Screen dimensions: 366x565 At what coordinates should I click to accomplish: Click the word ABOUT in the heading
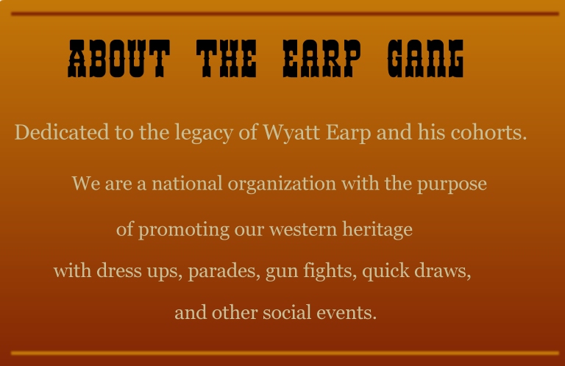tap(118, 59)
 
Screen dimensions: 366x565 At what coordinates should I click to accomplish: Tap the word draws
tap(444, 270)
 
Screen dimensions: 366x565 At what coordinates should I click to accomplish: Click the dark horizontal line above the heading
tap(285, 13)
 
